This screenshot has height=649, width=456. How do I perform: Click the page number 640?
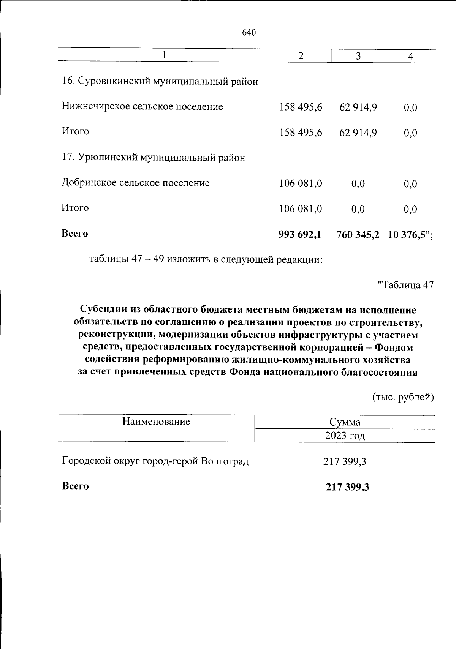[249, 33]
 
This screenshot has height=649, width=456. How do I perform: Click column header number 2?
[301, 56]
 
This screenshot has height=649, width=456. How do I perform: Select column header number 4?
[410, 56]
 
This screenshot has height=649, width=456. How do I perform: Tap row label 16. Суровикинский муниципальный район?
[160, 81]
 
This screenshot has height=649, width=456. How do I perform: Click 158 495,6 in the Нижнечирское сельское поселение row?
[301, 107]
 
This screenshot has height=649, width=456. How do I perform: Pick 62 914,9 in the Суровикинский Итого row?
[358, 133]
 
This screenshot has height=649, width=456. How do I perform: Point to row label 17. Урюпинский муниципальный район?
[154, 157]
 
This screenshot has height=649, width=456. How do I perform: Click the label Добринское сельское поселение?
[136, 183]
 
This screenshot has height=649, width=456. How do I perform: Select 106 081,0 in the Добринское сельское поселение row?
[301, 184]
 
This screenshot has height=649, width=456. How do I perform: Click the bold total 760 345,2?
[358, 235]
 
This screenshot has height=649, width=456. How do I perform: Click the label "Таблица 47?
[405, 285]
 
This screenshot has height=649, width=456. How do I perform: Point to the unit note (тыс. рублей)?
[402, 397]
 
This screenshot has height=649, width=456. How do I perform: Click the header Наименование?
[156, 422]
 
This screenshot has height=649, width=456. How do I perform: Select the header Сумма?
[345, 422]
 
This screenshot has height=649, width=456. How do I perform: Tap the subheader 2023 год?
[345, 436]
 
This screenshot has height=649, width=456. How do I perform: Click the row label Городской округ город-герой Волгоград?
[155, 461]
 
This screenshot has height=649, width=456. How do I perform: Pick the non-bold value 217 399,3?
[345, 462]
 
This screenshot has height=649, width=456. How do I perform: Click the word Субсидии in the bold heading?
[103, 310]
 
